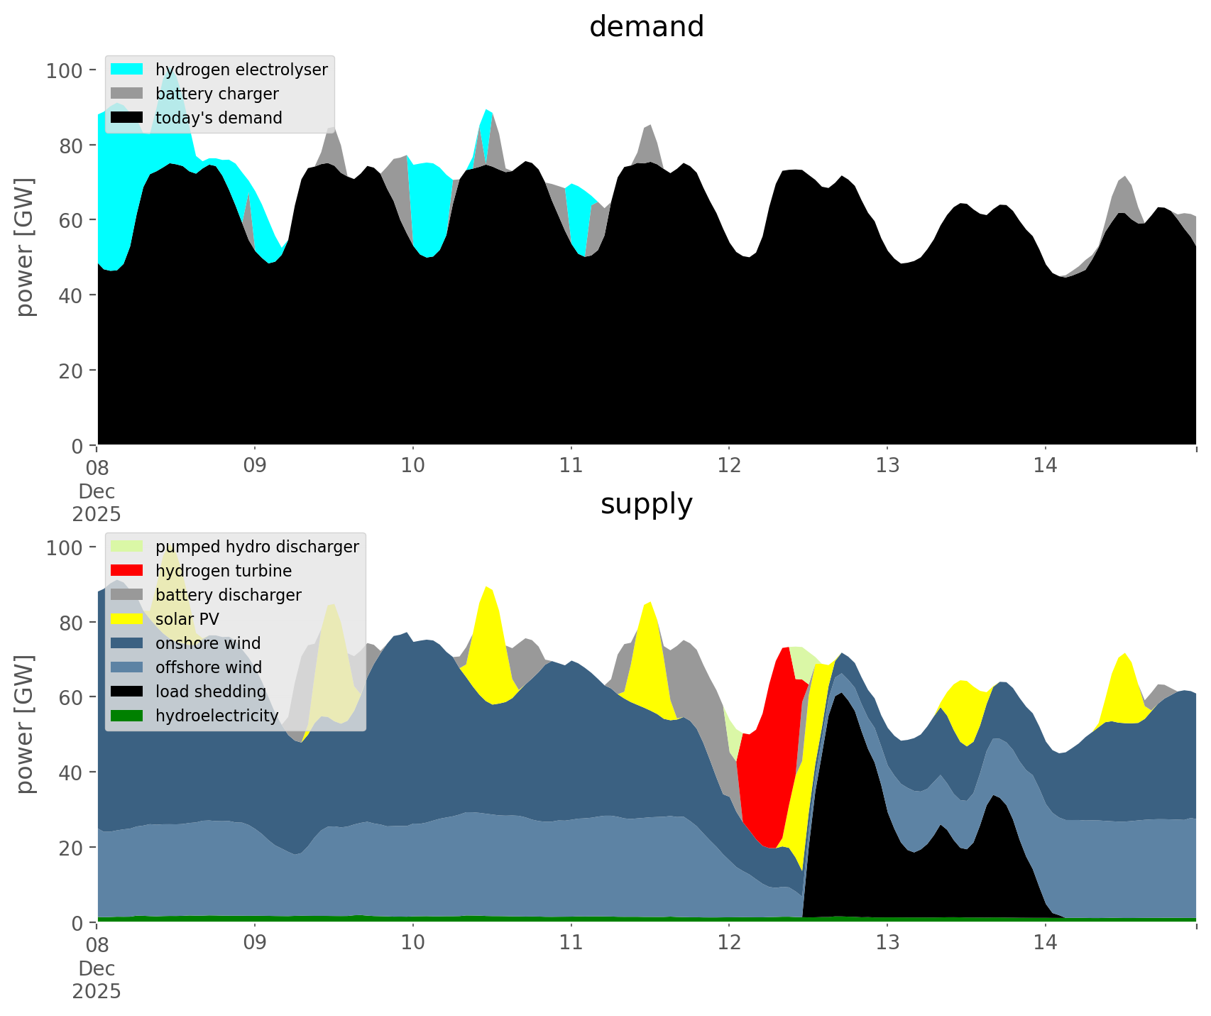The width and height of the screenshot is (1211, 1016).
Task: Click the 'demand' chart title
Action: [x=646, y=27]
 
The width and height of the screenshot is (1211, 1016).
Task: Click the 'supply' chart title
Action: [x=646, y=504]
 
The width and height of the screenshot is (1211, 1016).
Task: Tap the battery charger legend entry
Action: [x=217, y=94]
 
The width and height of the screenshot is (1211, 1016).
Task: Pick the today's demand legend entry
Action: [x=219, y=118]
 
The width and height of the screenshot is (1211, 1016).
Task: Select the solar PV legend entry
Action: [x=187, y=619]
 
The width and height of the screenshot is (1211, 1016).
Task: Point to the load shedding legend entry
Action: [x=211, y=692]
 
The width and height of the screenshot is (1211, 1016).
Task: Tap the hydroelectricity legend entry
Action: [x=217, y=716]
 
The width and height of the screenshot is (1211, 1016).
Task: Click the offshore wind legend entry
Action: [x=209, y=667]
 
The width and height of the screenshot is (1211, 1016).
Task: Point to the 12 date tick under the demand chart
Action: [x=729, y=466]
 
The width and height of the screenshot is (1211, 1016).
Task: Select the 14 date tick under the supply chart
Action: [x=1045, y=943]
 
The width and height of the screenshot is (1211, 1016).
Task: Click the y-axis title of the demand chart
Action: [x=25, y=247]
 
